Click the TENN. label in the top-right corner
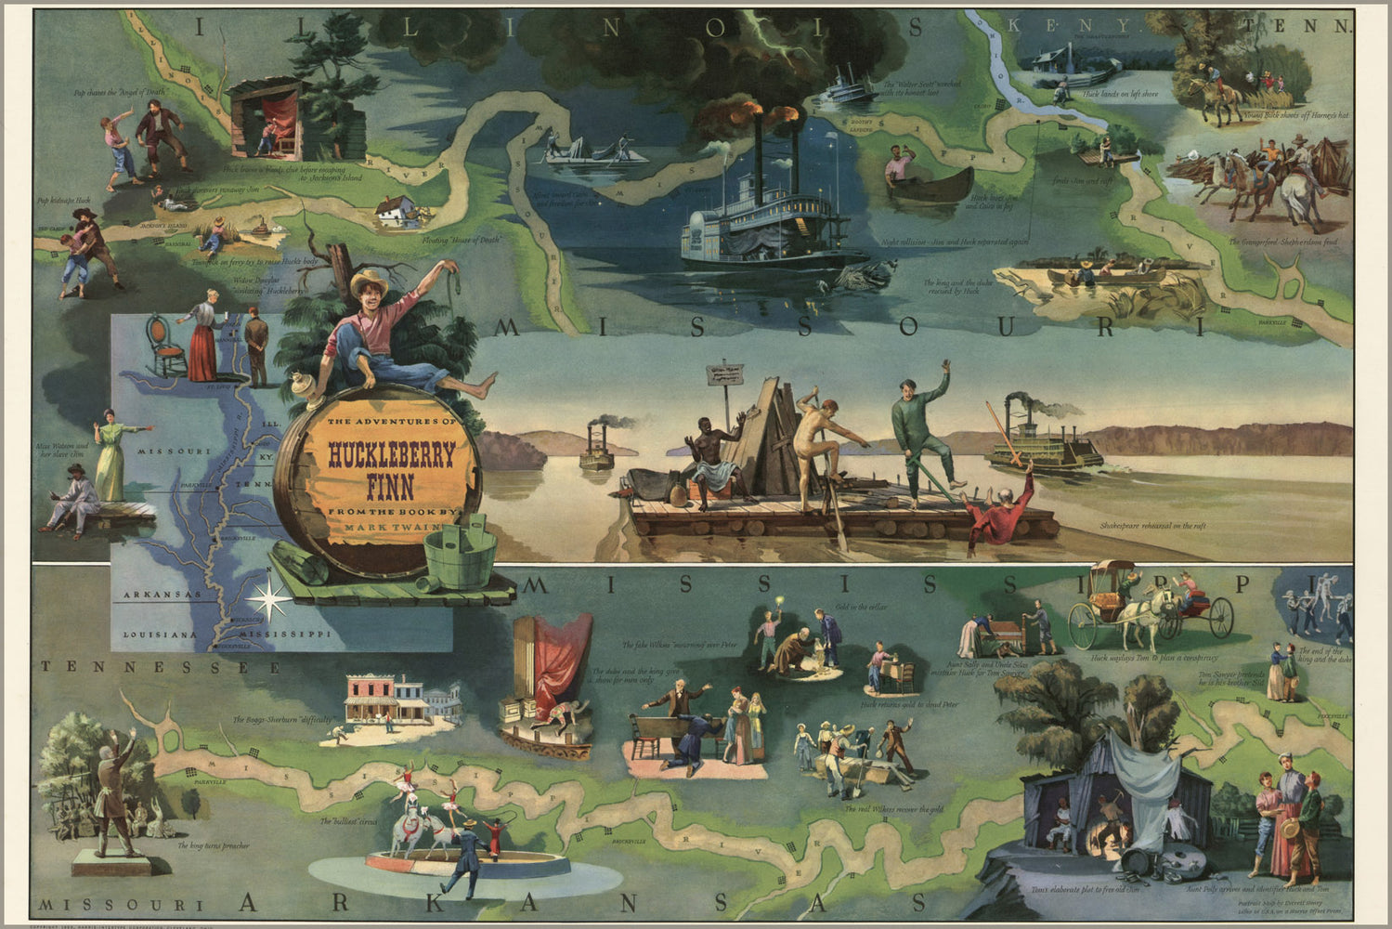[1323, 27]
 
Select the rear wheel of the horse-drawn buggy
[1218, 617]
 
